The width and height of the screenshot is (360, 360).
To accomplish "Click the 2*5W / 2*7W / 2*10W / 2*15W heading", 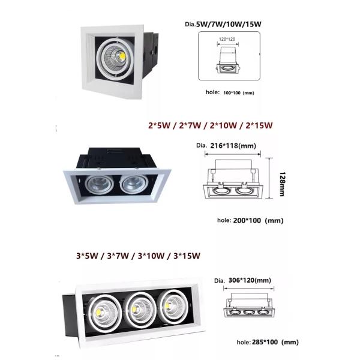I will tap(210, 126).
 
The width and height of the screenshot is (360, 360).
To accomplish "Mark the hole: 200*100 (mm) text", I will tap(250, 220).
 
